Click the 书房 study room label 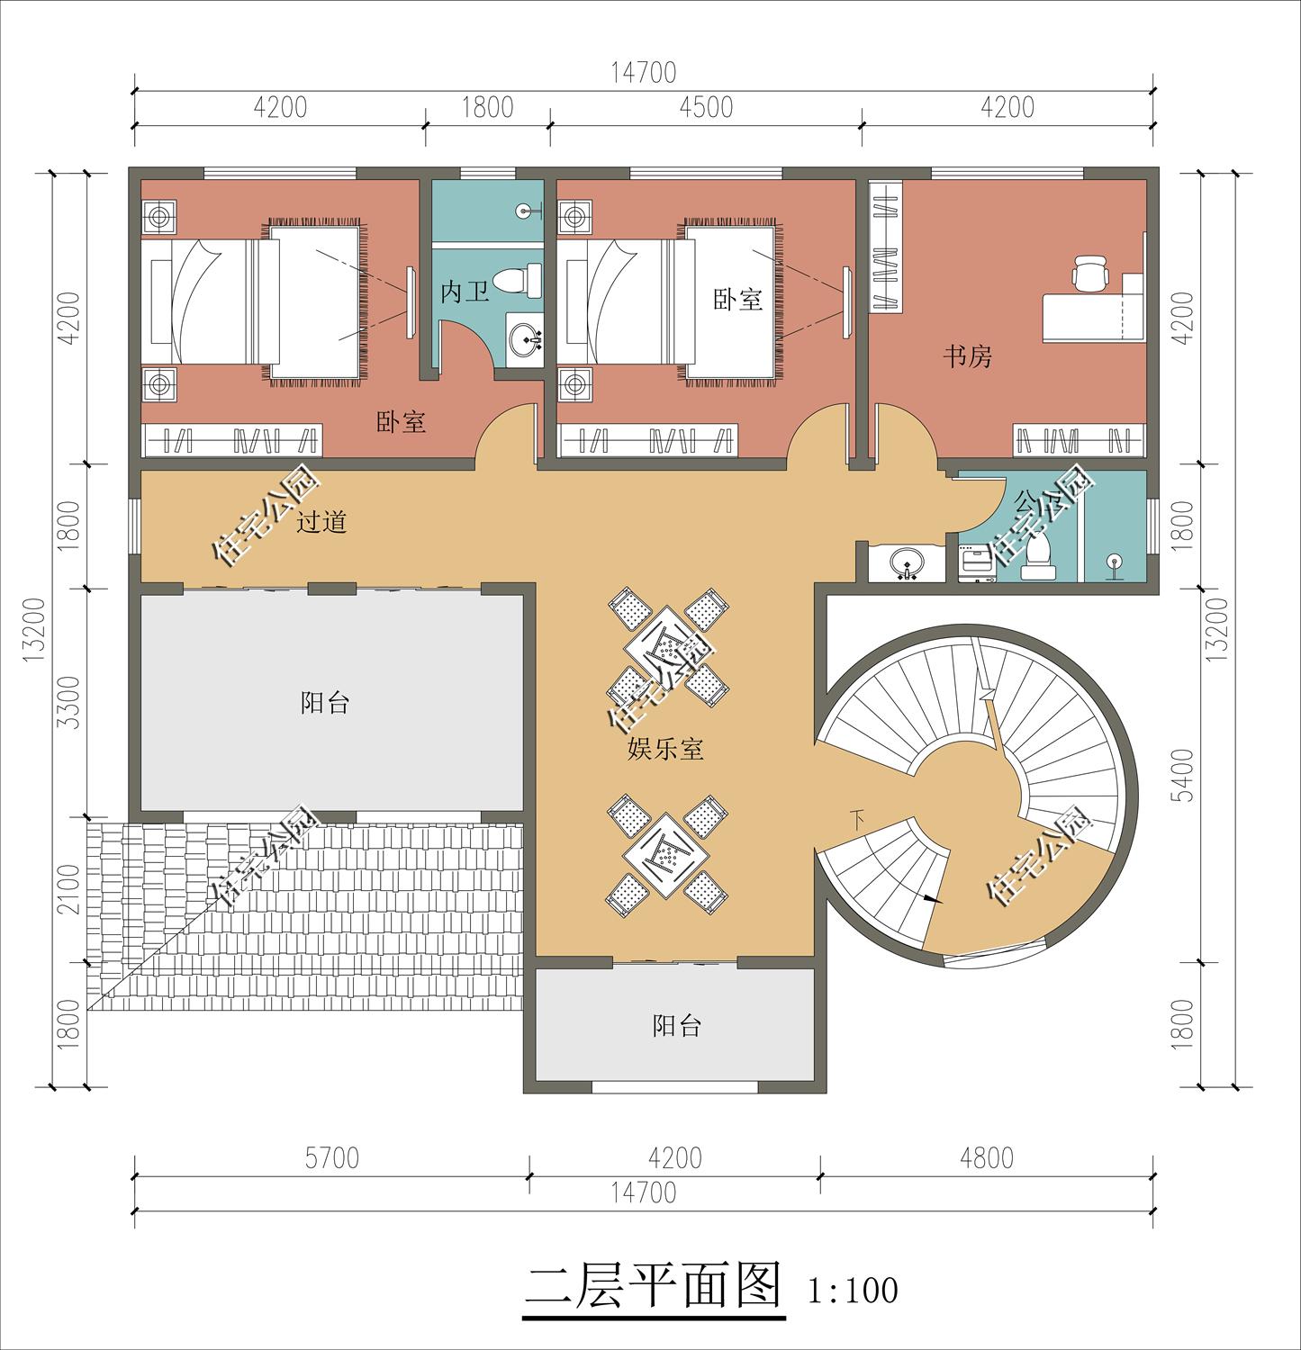point(967,356)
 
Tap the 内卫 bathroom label point(465,292)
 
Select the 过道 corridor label point(321,522)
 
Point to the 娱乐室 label point(665,749)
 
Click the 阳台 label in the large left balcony point(325,703)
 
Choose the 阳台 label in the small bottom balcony point(676,1025)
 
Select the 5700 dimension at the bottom point(331,1157)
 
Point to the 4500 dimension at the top point(706,107)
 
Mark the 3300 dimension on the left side point(68,702)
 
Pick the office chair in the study point(1090,274)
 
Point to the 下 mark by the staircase point(857,818)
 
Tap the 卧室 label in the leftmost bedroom point(401,421)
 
